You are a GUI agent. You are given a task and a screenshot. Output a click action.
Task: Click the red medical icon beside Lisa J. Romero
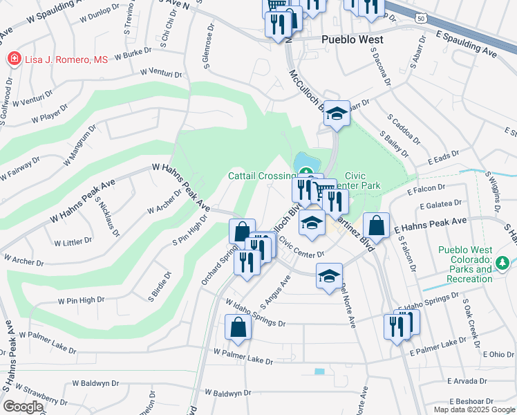[x=13, y=59]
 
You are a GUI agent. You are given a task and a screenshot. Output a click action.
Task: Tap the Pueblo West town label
[x=352, y=40]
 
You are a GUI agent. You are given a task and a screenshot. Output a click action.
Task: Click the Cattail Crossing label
[x=258, y=176]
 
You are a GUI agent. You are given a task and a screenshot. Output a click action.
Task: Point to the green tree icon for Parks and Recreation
[x=503, y=262]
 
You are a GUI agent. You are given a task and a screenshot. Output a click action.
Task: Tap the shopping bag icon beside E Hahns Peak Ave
[x=375, y=225]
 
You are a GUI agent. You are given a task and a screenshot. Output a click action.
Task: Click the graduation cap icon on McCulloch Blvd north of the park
[x=337, y=113]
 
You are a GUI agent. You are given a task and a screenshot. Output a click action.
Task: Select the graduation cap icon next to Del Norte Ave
[x=330, y=276]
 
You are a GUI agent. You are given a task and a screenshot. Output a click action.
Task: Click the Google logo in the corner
[x=23, y=406]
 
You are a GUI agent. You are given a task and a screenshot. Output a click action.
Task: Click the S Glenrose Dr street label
[x=208, y=45]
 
